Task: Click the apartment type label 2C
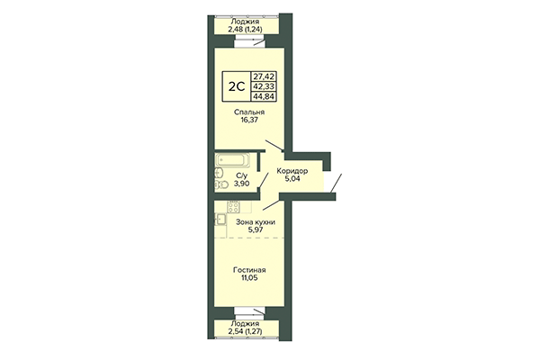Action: [233, 87]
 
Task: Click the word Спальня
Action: [249, 112]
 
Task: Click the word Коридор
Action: [292, 171]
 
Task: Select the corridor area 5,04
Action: [292, 180]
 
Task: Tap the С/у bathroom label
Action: [242, 175]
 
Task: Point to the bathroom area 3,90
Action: [242, 183]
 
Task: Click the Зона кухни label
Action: [255, 221]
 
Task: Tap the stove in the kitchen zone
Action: [220, 217]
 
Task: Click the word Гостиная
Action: [249, 271]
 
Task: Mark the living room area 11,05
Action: [249, 279]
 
